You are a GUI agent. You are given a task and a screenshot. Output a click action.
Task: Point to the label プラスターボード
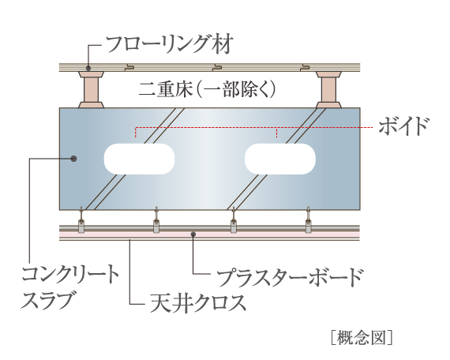[290, 277]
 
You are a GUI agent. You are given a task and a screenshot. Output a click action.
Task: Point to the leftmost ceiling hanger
[82, 220]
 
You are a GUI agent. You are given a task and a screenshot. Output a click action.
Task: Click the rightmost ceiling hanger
[309, 220]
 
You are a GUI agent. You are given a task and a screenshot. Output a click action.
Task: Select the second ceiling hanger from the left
[158, 220]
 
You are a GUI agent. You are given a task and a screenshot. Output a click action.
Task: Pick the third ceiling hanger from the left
[233, 220]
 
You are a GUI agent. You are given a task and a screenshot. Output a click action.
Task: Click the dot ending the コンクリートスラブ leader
[73, 159]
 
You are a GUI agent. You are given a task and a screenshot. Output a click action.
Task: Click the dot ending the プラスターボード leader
[193, 234]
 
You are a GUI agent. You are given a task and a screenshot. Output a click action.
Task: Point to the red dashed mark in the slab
[277, 133]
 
